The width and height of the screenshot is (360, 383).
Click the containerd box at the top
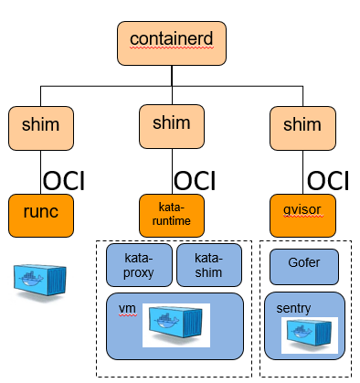pyautogui.click(x=172, y=43)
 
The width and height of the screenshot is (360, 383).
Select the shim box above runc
pyautogui.click(x=41, y=128)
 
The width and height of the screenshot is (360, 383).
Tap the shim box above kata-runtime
pyautogui.click(x=172, y=127)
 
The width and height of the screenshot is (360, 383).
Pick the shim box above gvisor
pyautogui.click(x=302, y=128)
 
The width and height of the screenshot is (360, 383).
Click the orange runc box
pyautogui.click(x=41, y=216)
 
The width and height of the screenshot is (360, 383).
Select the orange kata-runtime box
pyautogui.click(x=172, y=216)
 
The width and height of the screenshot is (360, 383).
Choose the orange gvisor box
pyautogui.click(x=302, y=216)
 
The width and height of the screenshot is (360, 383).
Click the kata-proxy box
pyautogui.click(x=139, y=265)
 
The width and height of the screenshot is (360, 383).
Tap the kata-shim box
pyautogui.click(x=209, y=265)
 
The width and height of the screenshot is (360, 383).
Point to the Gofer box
pyautogui.click(x=304, y=267)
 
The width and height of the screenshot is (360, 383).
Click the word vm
pyautogui.click(x=127, y=309)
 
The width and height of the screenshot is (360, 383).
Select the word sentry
pyautogui.click(x=293, y=309)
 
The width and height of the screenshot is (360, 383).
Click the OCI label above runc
pyautogui.click(x=64, y=181)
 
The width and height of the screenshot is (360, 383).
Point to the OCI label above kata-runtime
pyautogui.click(x=195, y=181)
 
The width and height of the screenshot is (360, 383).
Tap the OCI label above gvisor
pyautogui.click(x=328, y=181)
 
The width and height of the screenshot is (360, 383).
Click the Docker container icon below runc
pyautogui.click(x=40, y=282)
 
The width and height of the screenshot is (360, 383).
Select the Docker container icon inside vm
pyautogui.click(x=176, y=325)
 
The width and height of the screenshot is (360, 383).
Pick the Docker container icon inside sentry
pyautogui.click(x=310, y=335)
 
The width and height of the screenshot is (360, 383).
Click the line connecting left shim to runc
pyautogui.click(x=41, y=172)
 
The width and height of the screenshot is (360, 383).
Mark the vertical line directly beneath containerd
pyautogui.click(x=172, y=76)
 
